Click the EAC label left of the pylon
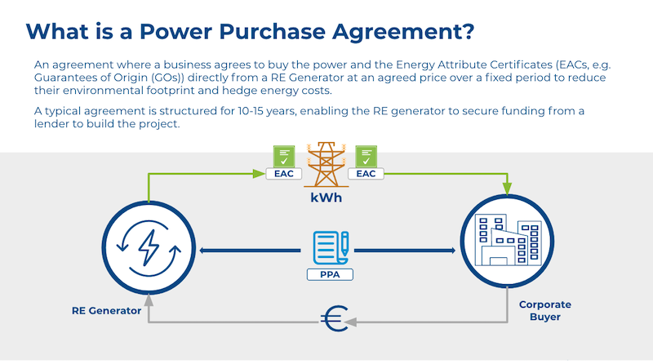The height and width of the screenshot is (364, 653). pos(282,174)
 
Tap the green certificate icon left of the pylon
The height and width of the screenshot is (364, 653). pos(282,155)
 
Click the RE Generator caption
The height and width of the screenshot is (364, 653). pos(106,310)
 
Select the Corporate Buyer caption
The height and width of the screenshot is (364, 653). pos(544,310)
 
